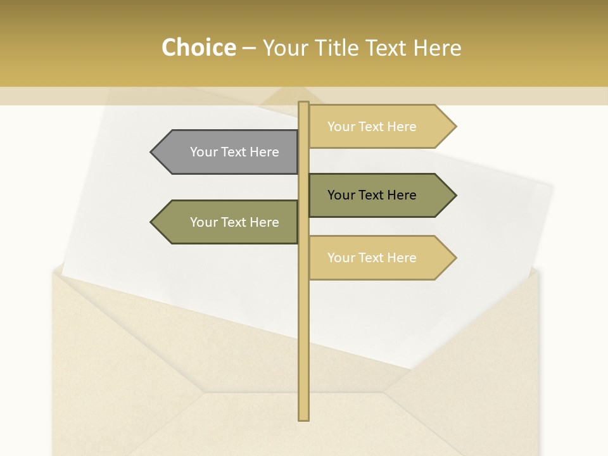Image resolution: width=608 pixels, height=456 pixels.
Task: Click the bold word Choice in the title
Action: click(x=198, y=47)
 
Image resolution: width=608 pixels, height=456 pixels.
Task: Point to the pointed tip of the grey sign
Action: click(x=152, y=152)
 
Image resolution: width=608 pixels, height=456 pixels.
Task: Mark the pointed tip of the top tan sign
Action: click(x=455, y=127)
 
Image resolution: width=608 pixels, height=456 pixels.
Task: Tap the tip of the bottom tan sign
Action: click(x=455, y=258)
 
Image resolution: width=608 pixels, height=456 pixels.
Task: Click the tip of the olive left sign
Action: click(x=152, y=222)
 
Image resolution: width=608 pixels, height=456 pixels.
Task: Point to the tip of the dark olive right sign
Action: click(x=455, y=195)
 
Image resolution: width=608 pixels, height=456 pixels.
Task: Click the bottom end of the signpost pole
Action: click(x=303, y=417)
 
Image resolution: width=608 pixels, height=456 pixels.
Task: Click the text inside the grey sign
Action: click(x=234, y=152)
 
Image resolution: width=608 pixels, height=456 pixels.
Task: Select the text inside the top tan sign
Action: click(x=372, y=127)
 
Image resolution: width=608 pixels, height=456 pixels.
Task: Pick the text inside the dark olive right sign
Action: click(x=372, y=195)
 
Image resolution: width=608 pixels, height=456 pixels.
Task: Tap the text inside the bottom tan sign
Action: click(x=372, y=258)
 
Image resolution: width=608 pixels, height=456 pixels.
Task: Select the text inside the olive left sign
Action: click(x=234, y=222)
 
